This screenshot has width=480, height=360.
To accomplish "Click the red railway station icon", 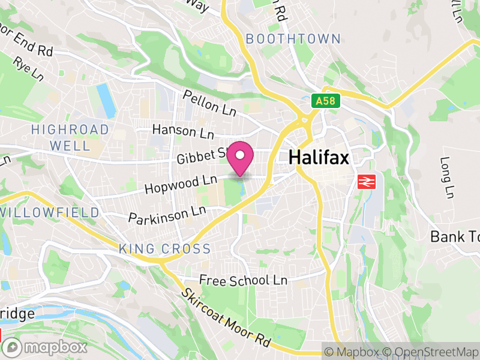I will click(364, 181).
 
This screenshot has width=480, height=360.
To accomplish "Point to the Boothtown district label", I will click(293, 39).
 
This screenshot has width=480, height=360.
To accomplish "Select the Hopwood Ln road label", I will click(180, 184).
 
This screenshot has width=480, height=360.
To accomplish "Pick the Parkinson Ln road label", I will click(167, 215).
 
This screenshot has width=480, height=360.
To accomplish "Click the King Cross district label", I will click(164, 249).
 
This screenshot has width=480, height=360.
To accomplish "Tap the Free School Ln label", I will click(243, 280).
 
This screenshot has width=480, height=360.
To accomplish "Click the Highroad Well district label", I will click(70, 137).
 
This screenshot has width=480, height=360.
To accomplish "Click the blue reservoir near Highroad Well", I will click(106, 100).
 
